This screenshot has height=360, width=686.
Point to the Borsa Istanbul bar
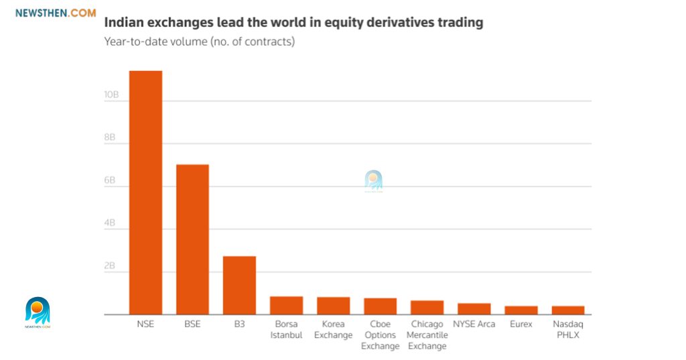[286, 305]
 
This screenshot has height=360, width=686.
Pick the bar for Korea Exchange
[333, 306]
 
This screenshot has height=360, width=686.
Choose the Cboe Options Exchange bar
[380, 306]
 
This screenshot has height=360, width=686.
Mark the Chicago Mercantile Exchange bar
[427, 308]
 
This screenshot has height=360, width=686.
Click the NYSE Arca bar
[474, 309]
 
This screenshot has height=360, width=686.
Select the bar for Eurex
[521, 310]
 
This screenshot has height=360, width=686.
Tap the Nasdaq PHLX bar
[567, 310]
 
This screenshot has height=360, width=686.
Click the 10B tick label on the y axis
[111, 95]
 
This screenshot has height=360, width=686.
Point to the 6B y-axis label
[110, 181]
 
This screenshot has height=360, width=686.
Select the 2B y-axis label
[110, 266]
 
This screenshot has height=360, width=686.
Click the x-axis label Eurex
[521, 324]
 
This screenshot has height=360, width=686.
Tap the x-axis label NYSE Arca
[474, 324]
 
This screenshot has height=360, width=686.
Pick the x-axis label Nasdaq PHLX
[567, 329]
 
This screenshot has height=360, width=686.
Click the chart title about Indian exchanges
[293, 22]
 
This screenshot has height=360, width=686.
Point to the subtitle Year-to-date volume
[199, 42]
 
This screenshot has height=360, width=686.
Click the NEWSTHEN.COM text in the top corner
[55, 12]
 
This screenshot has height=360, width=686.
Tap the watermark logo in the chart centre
[373, 181]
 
